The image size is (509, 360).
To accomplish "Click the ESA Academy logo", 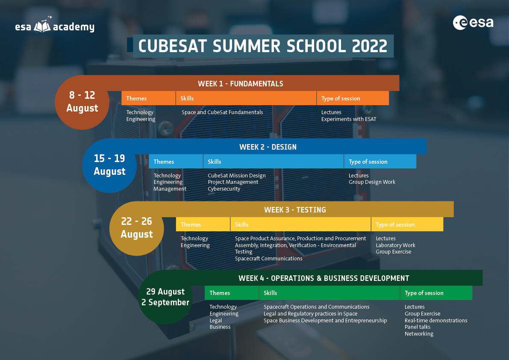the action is click(55, 25).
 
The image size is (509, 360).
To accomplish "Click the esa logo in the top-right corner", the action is click(473, 23).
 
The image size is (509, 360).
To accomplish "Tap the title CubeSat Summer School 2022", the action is click(263, 46).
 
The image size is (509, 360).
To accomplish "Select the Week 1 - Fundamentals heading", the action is click(241, 84).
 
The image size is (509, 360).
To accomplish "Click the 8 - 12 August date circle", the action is click(82, 102).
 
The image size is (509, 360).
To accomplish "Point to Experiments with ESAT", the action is click(349, 119).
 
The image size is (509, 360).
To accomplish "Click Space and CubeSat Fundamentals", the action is click(222, 112).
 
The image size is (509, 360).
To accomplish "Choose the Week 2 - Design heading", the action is click(268, 147).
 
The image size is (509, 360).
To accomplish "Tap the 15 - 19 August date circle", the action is click(109, 165).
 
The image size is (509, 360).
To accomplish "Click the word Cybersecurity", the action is click(224, 189).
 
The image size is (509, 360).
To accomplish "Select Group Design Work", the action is click(372, 182).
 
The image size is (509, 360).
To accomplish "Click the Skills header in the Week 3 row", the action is click(241, 224).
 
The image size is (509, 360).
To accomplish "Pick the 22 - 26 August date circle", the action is click(137, 229).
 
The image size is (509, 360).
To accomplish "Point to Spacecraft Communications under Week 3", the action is click(268, 259).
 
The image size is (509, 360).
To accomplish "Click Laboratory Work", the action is click(395, 245).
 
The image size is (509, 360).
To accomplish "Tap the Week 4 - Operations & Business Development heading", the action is click(324, 278).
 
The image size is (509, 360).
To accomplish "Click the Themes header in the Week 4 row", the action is click(220, 293).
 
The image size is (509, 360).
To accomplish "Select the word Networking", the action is click(419, 334).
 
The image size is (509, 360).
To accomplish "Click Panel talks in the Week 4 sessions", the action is click(418, 327).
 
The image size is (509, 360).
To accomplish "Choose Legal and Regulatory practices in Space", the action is click(310, 314).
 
